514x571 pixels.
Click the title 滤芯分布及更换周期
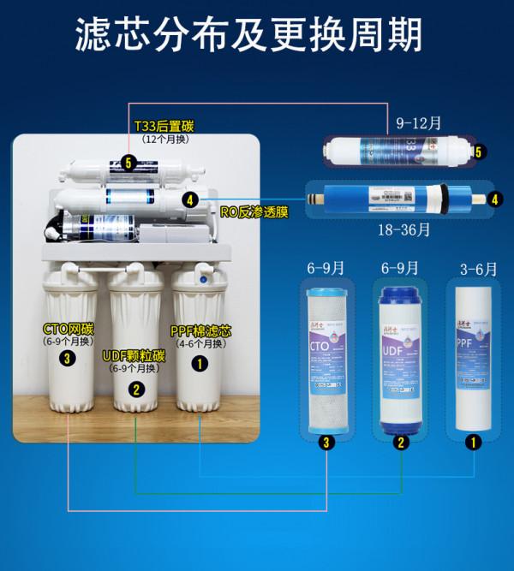(x=258, y=36)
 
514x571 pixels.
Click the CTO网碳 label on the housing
(x=71, y=330)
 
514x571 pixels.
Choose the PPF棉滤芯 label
(x=202, y=331)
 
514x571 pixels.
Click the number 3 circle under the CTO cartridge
(x=325, y=443)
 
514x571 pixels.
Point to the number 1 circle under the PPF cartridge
(x=471, y=443)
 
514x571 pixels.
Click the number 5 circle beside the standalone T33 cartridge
(x=479, y=152)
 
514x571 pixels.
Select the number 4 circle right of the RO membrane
(x=494, y=199)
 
